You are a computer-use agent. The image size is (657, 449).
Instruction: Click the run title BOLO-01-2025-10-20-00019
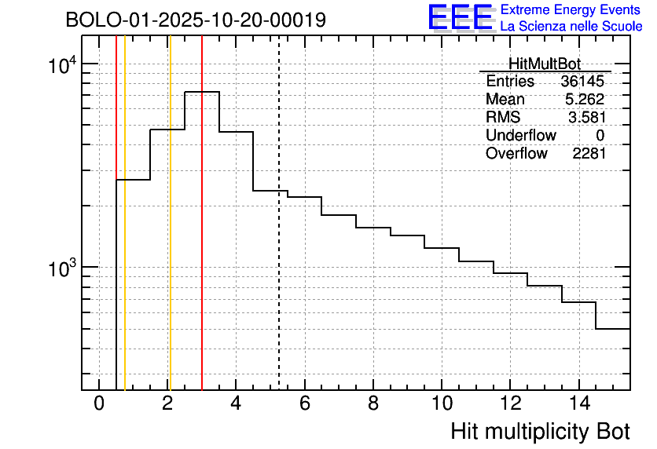(x=196, y=20)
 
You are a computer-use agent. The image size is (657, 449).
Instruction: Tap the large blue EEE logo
(x=460, y=17)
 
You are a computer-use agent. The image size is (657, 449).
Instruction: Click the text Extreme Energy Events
(x=571, y=10)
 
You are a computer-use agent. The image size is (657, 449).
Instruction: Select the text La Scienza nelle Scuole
(x=571, y=27)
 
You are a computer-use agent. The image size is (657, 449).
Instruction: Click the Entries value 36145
(x=582, y=82)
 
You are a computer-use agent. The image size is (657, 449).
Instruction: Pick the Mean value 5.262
(x=585, y=100)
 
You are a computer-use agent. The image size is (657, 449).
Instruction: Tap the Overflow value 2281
(x=589, y=153)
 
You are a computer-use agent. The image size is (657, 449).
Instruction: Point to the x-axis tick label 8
(x=373, y=404)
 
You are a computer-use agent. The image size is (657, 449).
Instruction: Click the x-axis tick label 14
(x=578, y=404)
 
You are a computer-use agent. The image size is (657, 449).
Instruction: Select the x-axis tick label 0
(x=99, y=404)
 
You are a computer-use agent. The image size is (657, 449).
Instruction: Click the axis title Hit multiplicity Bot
(x=540, y=432)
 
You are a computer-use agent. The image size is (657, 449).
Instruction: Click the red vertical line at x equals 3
(x=202, y=235)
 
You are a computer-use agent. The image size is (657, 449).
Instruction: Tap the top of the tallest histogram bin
(x=202, y=92)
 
